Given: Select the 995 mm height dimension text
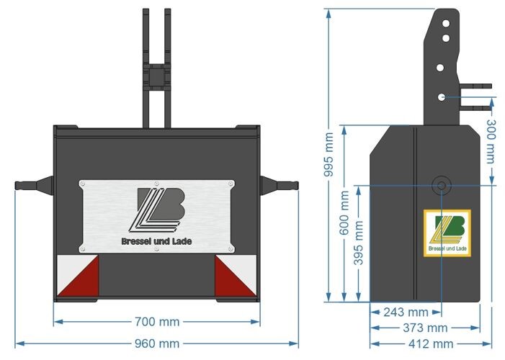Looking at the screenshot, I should tap(329, 156).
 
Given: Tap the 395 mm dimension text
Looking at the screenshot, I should tap(358, 243).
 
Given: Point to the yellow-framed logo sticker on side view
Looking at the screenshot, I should tap(447, 233).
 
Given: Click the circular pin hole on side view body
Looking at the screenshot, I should tap(440, 185).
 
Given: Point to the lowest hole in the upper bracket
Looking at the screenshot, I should tap(440, 96).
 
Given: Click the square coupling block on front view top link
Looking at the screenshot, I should tap(156, 75).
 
